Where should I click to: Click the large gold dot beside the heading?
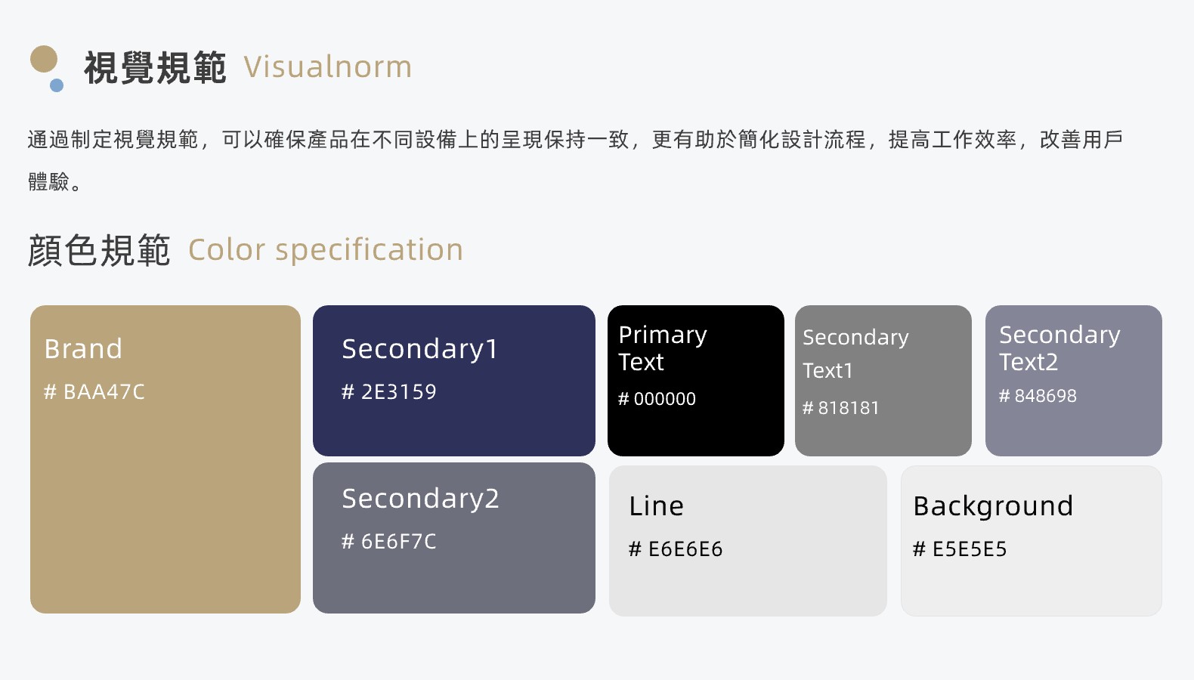pos(44,59)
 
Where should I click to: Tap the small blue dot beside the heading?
pos(57,85)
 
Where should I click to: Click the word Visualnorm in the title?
pos(328,67)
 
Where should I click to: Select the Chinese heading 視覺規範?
pos(155,68)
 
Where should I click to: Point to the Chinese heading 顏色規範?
pos(99,250)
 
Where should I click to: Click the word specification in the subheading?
pos(369,250)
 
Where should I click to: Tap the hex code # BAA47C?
pos(94,391)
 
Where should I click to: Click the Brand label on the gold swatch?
pos(83,349)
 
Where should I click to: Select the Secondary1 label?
pos(420,350)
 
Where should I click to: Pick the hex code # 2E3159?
pos(388,391)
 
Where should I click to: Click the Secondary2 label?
pos(421,499)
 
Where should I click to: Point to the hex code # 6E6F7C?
pos(388,542)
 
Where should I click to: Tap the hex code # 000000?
pos(657,399)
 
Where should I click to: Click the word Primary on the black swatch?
pos(663,335)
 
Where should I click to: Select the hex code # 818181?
pos(840,408)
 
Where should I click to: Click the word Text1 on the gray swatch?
pos(827,370)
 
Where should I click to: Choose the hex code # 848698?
pos(1038,395)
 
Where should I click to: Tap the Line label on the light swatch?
pos(656,505)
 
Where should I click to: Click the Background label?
pos(993,507)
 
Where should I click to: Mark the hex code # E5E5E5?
pos(960,549)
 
